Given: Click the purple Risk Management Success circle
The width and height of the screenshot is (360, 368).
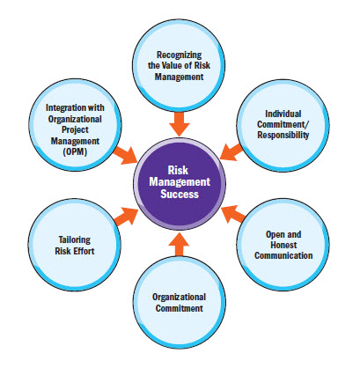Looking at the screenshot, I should point(180,186).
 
